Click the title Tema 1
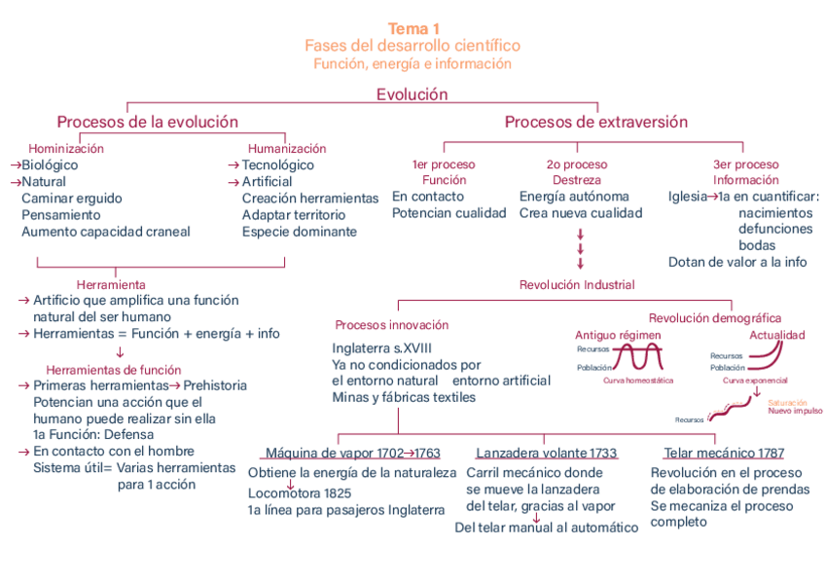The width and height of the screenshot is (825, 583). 412,29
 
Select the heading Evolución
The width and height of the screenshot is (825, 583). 412,94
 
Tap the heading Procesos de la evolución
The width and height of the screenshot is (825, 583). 147,123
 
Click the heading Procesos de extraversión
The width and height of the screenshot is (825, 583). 595,123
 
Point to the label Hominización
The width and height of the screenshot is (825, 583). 66,149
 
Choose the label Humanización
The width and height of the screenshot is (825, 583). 287,149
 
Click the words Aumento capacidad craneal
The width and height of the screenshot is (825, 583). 106,232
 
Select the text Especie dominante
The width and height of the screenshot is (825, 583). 300,232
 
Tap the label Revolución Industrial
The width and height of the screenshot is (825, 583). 577,285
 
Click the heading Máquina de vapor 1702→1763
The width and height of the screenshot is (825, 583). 352,454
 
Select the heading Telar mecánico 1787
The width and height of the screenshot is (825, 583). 724,454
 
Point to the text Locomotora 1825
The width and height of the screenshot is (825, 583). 300,493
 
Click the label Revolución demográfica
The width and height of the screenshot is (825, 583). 715,318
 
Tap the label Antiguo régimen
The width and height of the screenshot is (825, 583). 618,336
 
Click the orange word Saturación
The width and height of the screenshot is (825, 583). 787,402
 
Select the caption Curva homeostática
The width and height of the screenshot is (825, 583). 638,381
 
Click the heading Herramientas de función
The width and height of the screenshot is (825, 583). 114,370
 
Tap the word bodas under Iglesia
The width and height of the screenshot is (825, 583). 757,245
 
